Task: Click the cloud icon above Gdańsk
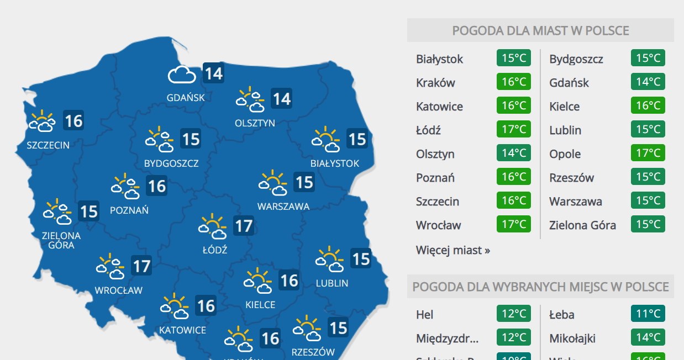(182, 74)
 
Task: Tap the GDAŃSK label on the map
(186, 98)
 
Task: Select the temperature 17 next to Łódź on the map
(243, 225)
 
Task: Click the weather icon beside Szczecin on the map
(43, 121)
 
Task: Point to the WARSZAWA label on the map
(283, 207)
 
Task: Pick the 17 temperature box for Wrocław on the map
(141, 267)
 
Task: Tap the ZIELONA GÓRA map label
(61, 240)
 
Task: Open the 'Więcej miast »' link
(453, 250)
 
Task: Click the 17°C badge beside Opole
(648, 153)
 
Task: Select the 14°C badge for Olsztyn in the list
(514, 153)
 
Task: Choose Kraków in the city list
(435, 83)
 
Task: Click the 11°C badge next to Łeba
(648, 314)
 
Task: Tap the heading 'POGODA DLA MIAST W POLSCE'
(540, 30)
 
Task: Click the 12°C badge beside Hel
(514, 314)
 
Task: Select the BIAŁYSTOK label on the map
(335, 163)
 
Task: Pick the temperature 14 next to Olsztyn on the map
(281, 99)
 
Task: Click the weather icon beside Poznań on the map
(125, 187)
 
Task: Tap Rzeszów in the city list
(571, 178)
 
